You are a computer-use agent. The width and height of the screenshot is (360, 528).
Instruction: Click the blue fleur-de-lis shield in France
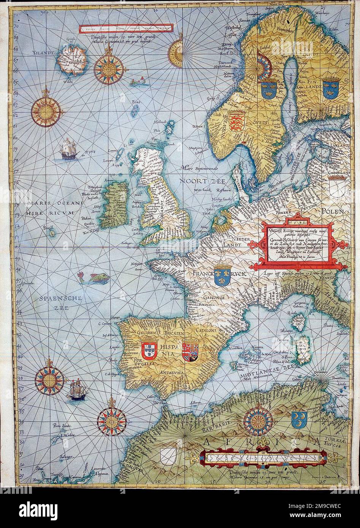pos(220,275)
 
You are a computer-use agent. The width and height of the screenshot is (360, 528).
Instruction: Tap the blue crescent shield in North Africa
pos(299,419)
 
